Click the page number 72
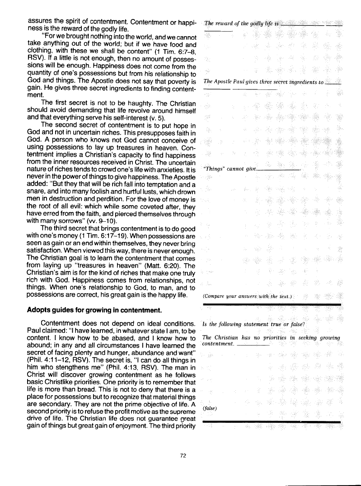pos(183,456)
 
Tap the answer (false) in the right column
pos(211,408)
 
